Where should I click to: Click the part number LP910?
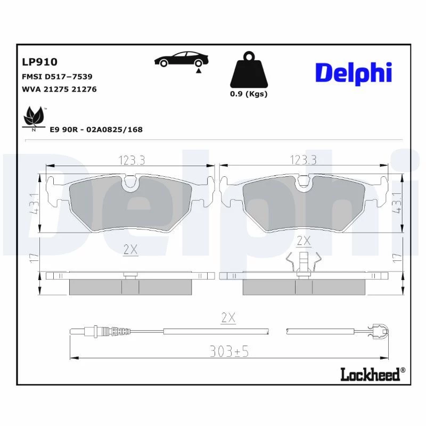point(39,62)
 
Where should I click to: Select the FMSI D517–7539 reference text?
point(57,77)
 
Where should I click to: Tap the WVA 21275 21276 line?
point(59,89)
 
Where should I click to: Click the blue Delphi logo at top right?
point(354,73)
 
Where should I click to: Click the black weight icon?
point(249,70)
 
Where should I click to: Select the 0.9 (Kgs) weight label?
point(249,94)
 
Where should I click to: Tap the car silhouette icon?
point(181,59)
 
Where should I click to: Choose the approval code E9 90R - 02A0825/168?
point(96,129)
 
